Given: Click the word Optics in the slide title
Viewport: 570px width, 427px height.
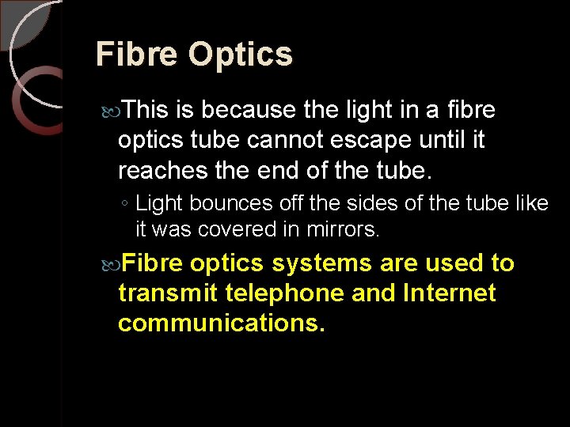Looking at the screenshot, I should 241,55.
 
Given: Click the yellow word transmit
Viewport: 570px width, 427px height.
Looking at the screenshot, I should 168,293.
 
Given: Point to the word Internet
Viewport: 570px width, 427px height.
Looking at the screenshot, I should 449,293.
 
